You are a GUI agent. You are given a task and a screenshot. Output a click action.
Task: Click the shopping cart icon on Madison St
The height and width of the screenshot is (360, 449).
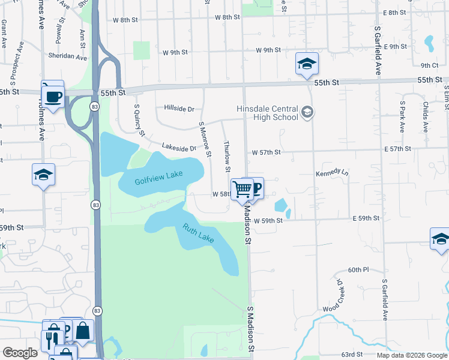click(x=242, y=189)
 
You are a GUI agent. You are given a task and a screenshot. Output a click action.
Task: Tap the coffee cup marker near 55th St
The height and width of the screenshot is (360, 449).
click(x=53, y=95)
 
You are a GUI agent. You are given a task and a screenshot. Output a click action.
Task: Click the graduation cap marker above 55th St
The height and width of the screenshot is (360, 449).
click(x=307, y=65)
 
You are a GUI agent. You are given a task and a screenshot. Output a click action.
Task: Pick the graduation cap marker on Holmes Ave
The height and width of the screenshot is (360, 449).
click(x=43, y=175)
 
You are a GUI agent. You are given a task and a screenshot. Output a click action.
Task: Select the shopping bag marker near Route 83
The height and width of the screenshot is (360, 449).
click(x=83, y=331)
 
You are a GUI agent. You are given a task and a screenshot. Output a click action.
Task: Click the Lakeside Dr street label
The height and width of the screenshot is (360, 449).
click(x=179, y=148)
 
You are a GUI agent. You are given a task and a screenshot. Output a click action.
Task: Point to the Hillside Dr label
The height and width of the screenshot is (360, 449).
click(x=179, y=109)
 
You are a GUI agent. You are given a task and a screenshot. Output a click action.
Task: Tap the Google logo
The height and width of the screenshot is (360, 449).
click(x=20, y=353)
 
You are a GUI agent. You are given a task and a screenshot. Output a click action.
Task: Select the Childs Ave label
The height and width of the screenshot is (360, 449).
click(x=425, y=117)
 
